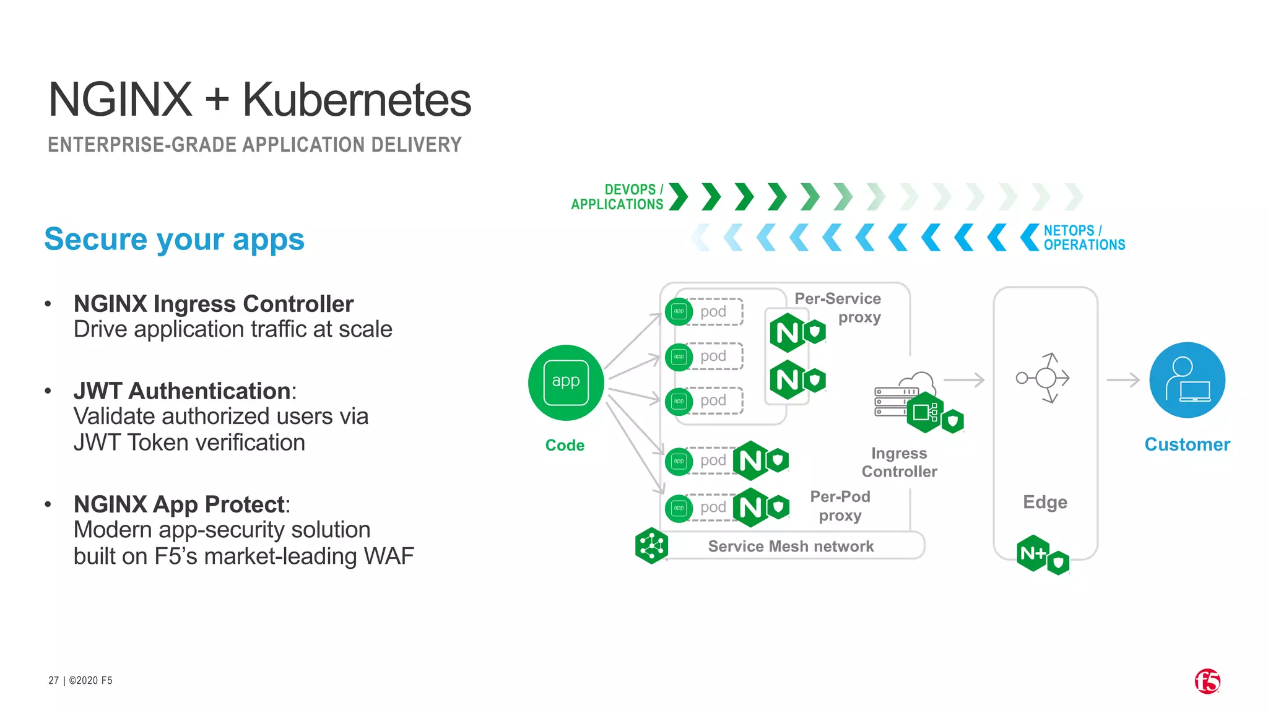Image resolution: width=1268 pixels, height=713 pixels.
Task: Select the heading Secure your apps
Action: pyautogui.click(x=174, y=240)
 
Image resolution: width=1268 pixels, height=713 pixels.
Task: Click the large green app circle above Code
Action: pyautogui.click(x=566, y=382)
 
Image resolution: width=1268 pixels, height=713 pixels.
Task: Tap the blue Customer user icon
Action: pyautogui.click(x=1187, y=380)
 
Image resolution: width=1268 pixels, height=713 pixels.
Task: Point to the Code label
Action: pyautogui.click(x=565, y=445)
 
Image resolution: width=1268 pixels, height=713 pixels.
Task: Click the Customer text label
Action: pyautogui.click(x=1187, y=444)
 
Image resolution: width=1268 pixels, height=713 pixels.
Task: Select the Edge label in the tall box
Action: pyautogui.click(x=1045, y=502)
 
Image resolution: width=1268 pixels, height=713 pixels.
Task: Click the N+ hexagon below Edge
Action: pyautogui.click(x=1033, y=553)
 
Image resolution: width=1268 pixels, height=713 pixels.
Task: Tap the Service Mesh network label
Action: pyautogui.click(x=791, y=547)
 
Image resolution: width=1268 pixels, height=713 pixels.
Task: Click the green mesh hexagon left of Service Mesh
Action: pyautogui.click(x=651, y=546)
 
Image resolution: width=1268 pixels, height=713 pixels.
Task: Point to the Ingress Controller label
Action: pyautogui.click(x=899, y=462)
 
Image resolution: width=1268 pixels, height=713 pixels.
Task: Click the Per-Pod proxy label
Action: pyautogui.click(x=840, y=506)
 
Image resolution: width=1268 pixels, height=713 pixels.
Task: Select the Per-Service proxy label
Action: pyautogui.click(x=838, y=308)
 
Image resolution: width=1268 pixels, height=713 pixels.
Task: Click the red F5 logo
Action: pyautogui.click(x=1207, y=681)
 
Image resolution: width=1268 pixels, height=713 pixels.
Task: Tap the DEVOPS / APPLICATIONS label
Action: pyautogui.click(x=617, y=197)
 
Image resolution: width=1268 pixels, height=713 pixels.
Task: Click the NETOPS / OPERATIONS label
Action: pyautogui.click(x=1084, y=238)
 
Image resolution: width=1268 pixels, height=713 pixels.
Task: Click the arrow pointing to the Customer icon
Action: pyautogui.click(x=1123, y=379)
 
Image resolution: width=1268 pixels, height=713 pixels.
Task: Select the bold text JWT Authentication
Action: pyautogui.click(x=182, y=391)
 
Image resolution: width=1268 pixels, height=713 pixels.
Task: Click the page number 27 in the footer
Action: pyautogui.click(x=53, y=680)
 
